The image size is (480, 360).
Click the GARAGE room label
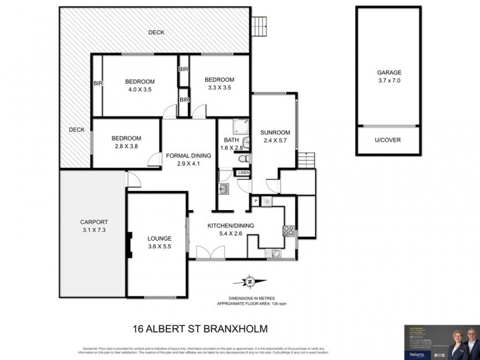[389, 72]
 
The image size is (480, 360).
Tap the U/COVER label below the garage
[389, 140]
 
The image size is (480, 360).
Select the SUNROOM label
[275, 133]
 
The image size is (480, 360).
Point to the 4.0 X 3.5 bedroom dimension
[140, 89]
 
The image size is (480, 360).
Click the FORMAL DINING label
[188, 155]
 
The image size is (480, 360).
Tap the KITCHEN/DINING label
[231, 226]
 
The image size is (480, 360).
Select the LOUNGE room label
[160, 238]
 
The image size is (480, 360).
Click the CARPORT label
[94, 221]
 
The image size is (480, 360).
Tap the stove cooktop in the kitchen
[287, 229]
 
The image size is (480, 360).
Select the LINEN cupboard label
[243, 173]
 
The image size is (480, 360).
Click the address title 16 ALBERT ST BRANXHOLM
[199, 329]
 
